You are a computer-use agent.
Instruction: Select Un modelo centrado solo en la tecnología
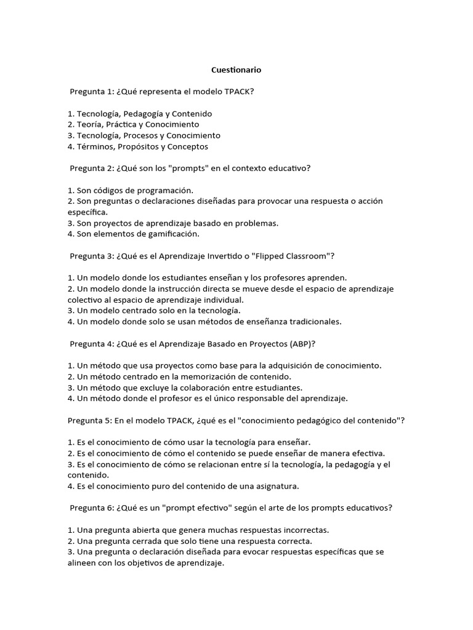click(x=153, y=310)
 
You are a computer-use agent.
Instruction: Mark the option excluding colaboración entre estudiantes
click(x=185, y=387)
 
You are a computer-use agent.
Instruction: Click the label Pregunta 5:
click(x=90, y=420)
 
